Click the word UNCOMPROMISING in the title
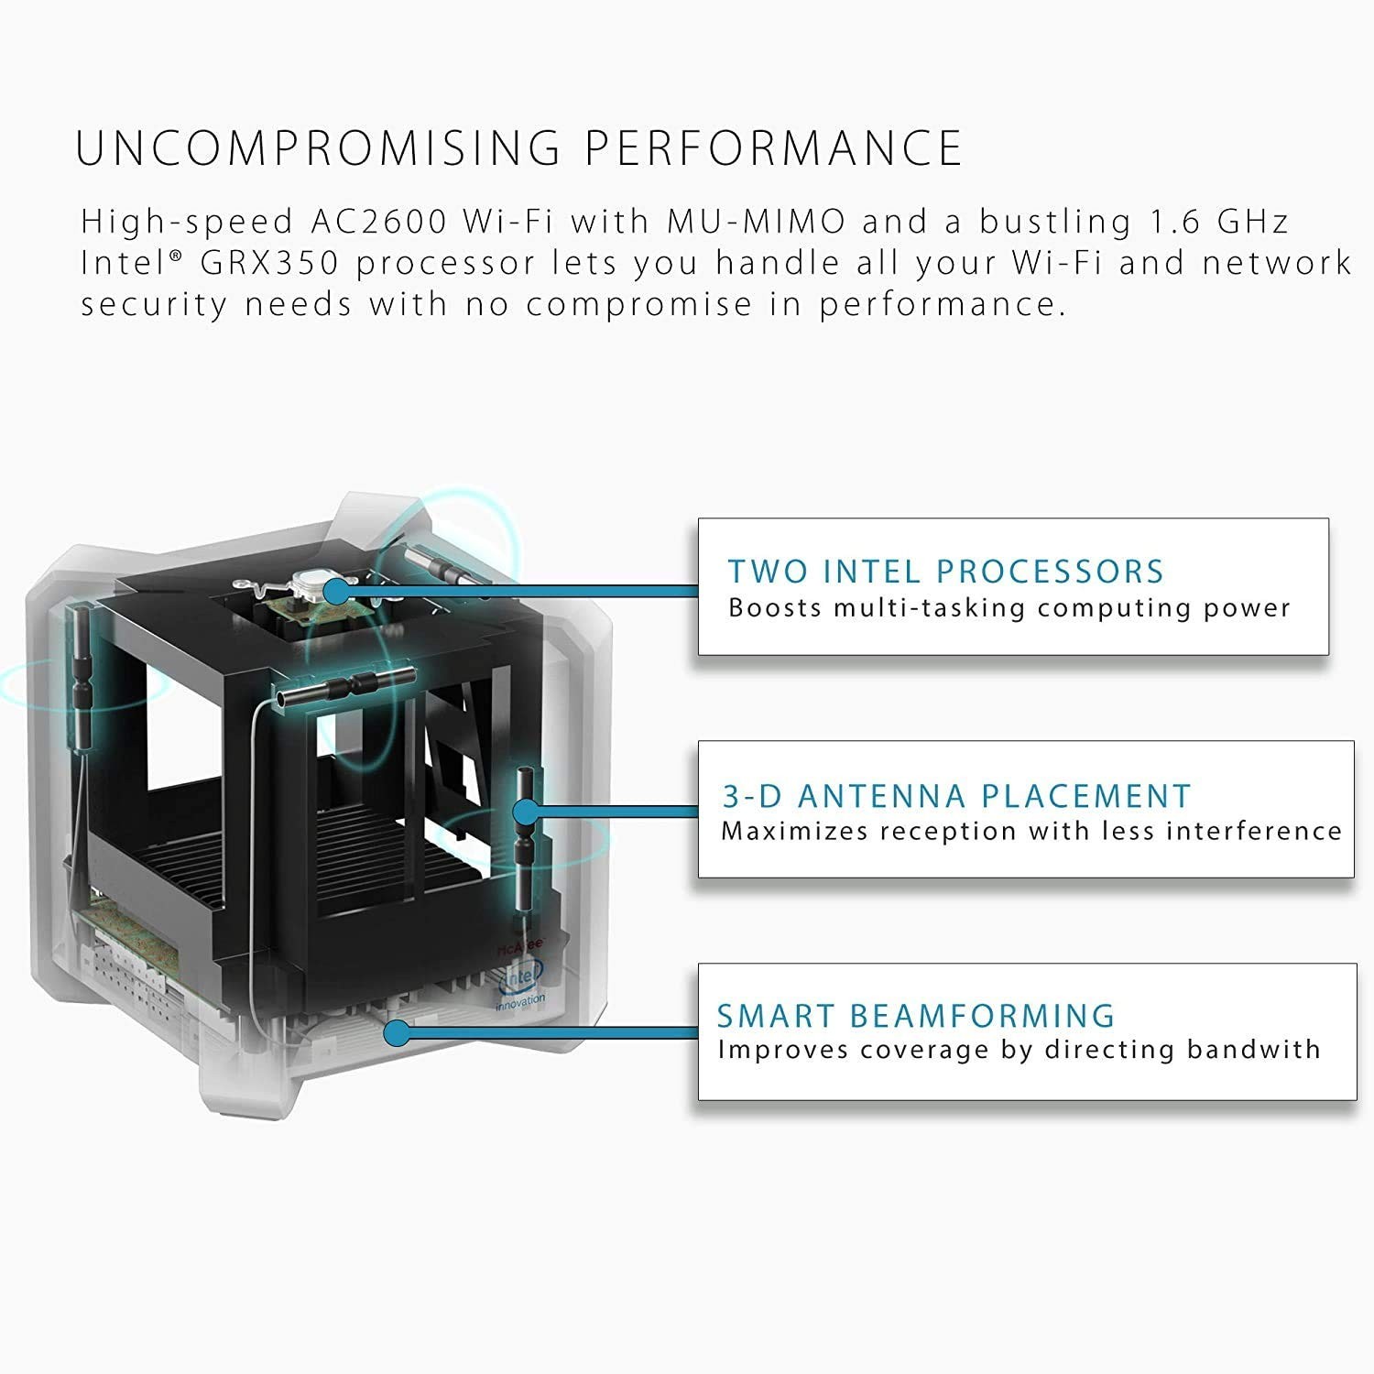(317, 148)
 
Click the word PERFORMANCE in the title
(774, 148)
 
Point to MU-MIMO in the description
(756, 222)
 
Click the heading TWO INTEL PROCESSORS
(945, 572)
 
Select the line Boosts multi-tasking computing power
(1009, 608)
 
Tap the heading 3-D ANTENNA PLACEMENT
(956, 796)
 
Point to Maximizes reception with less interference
(1031, 832)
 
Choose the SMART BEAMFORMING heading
(916, 1016)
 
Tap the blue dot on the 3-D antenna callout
(526, 811)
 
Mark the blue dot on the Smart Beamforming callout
(396, 1033)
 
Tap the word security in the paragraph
(153, 305)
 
